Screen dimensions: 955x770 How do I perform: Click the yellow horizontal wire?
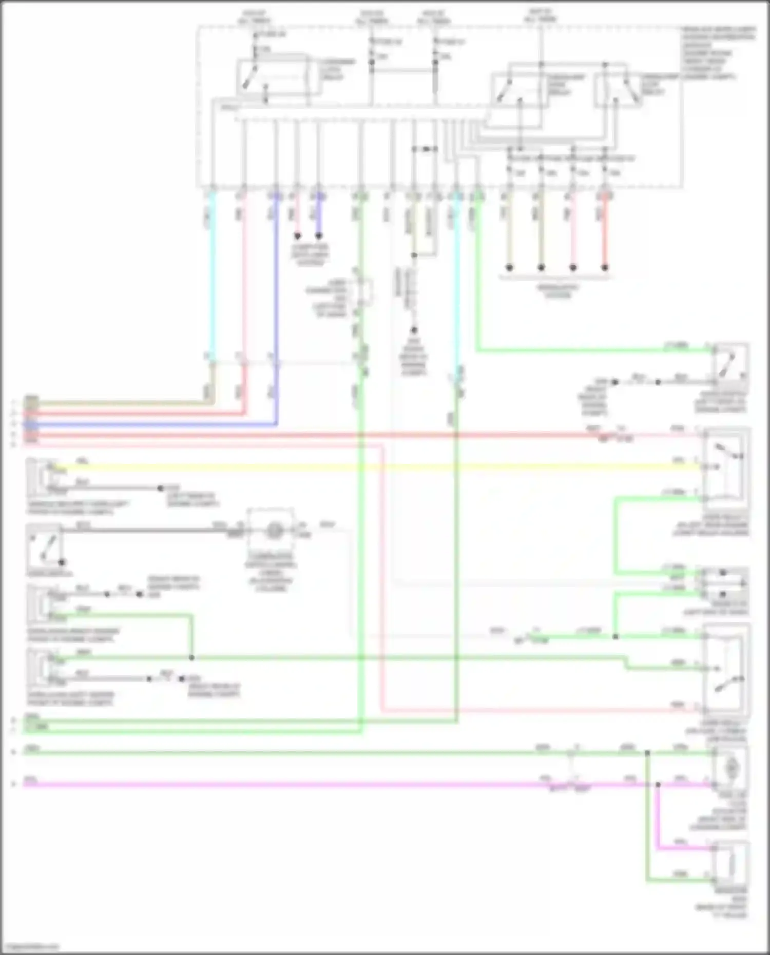[359, 467]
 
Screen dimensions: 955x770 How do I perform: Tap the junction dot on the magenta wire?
[658, 785]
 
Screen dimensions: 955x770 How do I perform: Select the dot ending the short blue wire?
[319, 237]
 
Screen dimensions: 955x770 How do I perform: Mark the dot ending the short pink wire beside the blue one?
[297, 237]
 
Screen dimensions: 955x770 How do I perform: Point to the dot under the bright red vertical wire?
[605, 267]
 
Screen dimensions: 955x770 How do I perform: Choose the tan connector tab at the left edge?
[31, 400]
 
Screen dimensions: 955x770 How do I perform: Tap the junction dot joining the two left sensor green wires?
[191, 657]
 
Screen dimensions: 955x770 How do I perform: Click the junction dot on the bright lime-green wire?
[615, 637]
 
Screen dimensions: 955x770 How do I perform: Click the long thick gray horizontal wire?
[144, 530]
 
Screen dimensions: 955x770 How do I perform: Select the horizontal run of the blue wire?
[154, 424]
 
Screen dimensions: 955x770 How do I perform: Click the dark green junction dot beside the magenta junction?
[647, 753]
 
